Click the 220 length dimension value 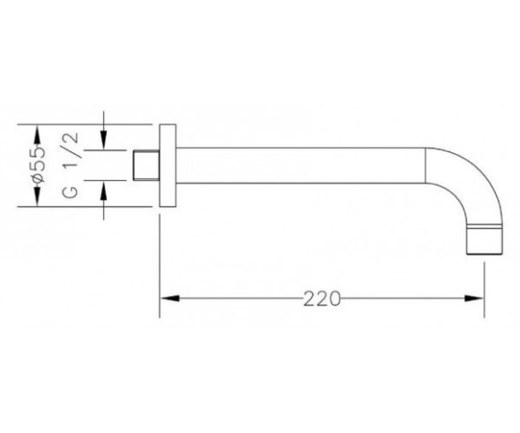pyautogui.click(x=322, y=299)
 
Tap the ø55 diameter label pyautogui.click(x=39, y=164)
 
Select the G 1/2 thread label pyautogui.click(x=71, y=165)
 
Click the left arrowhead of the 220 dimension pyautogui.click(x=169, y=299)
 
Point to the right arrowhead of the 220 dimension pyautogui.click(x=474, y=299)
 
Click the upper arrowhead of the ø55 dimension pyautogui.click(x=37, y=134)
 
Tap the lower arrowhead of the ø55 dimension pyautogui.click(x=37, y=197)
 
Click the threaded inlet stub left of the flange pyautogui.click(x=146, y=166)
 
